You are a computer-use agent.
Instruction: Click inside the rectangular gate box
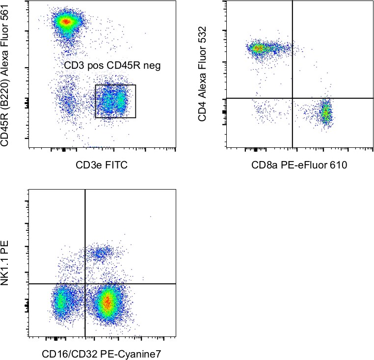(x=115, y=101)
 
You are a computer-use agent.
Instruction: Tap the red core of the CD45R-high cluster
(x=66, y=21)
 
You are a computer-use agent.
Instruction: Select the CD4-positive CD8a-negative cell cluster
(x=258, y=48)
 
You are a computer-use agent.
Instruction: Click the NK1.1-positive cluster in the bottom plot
(x=100, y=253)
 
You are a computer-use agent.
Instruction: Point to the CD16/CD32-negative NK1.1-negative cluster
(x=60, y=303)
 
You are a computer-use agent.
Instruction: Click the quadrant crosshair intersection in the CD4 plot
(x=293, y=98)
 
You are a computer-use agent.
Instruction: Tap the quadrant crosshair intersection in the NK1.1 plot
(x=85, y=284)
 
